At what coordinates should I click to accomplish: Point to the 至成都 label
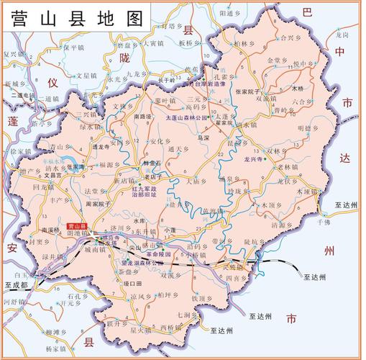point(15,286)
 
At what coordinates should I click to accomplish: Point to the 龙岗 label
point(342,34)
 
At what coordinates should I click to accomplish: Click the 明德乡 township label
point(308,127)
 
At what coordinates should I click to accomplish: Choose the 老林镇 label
point(290,167)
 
